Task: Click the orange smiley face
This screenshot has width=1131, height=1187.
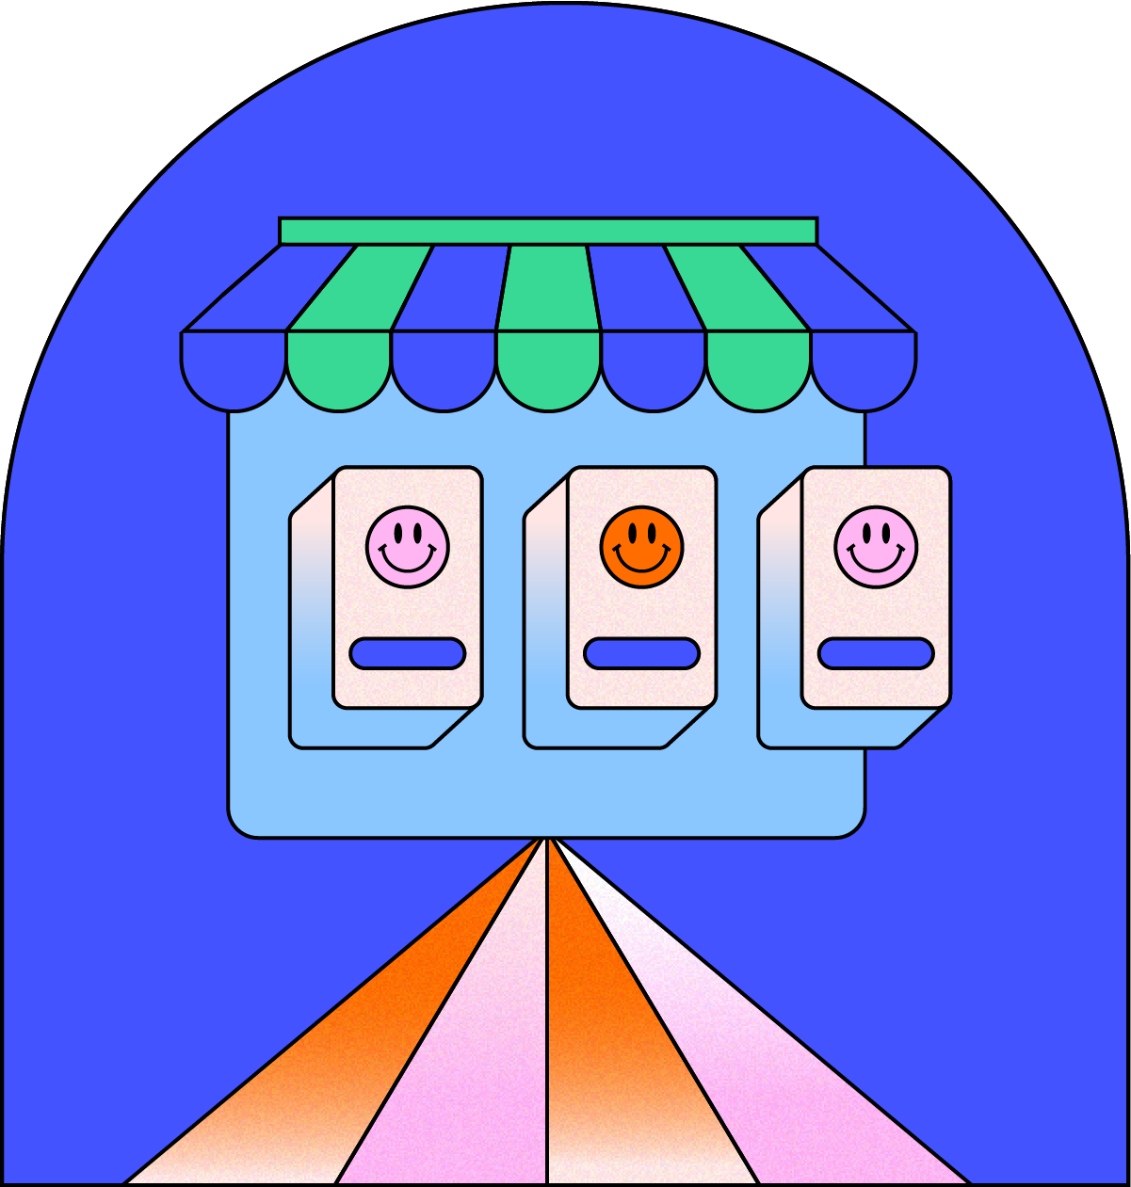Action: click(x=642, y=547)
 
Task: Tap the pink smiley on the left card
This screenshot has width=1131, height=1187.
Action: click(x=408, y=547)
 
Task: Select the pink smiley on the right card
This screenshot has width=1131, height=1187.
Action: click(x=876, y=547)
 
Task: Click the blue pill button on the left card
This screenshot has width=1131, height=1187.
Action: click(x=408, y=653)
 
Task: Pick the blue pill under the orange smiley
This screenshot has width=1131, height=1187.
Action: click(x=642, y=653)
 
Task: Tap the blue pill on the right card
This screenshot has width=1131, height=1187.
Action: click(x=876, y=653)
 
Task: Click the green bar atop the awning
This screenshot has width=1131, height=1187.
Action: click(x=548, y=231)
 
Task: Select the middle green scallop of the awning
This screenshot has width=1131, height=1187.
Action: click(x=548, y=370)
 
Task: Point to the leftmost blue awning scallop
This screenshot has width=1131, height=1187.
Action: click(x=234, y=370)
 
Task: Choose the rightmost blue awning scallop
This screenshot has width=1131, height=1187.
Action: click(x=863, y=370)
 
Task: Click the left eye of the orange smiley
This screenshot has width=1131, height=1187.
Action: click(x=632, y=535)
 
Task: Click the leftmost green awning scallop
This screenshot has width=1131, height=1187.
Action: click(x=338, y=370)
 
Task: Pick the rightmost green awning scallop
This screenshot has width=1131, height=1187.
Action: click(x=758, y=370)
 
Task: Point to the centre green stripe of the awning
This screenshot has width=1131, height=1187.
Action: click(x=549, y=287)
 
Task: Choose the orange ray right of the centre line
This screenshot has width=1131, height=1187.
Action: click(x=612, y=1035)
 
